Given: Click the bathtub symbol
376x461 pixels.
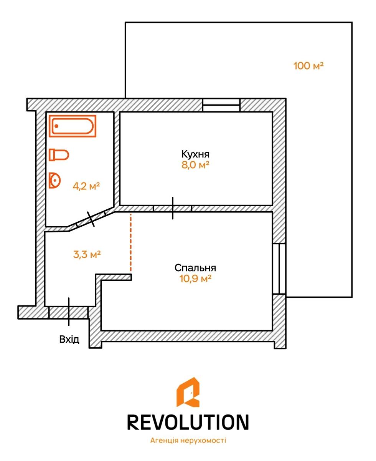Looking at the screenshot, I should [x=73, y=126].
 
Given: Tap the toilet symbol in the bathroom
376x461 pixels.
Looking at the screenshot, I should [x=59, y=155].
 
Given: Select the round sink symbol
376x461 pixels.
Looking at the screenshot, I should [x=55, y=180].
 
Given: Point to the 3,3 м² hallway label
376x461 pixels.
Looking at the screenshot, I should [x=87, y=254].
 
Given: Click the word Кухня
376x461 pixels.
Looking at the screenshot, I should [x=195, y=154].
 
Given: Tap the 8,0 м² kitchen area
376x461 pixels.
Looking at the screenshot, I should [x=195, y=165].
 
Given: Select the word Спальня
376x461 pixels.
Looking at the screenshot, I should [x=195, y=268].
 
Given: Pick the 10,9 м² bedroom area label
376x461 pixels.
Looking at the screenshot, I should [x=195, y=278].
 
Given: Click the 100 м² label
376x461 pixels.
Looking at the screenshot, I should [x=308, y=66].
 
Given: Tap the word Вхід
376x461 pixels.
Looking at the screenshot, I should [x=69, y=340].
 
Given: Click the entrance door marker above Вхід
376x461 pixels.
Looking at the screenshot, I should [x=69, y=312].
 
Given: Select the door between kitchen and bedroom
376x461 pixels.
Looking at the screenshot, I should [x=173, y=208].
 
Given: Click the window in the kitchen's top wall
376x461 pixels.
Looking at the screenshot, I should [x=221, y=105].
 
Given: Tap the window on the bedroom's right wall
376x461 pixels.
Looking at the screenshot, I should [x=279, y=269].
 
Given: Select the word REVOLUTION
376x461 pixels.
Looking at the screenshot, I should [x=188, y=422].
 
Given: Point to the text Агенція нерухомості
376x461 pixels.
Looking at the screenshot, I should [x=188, y=441].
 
